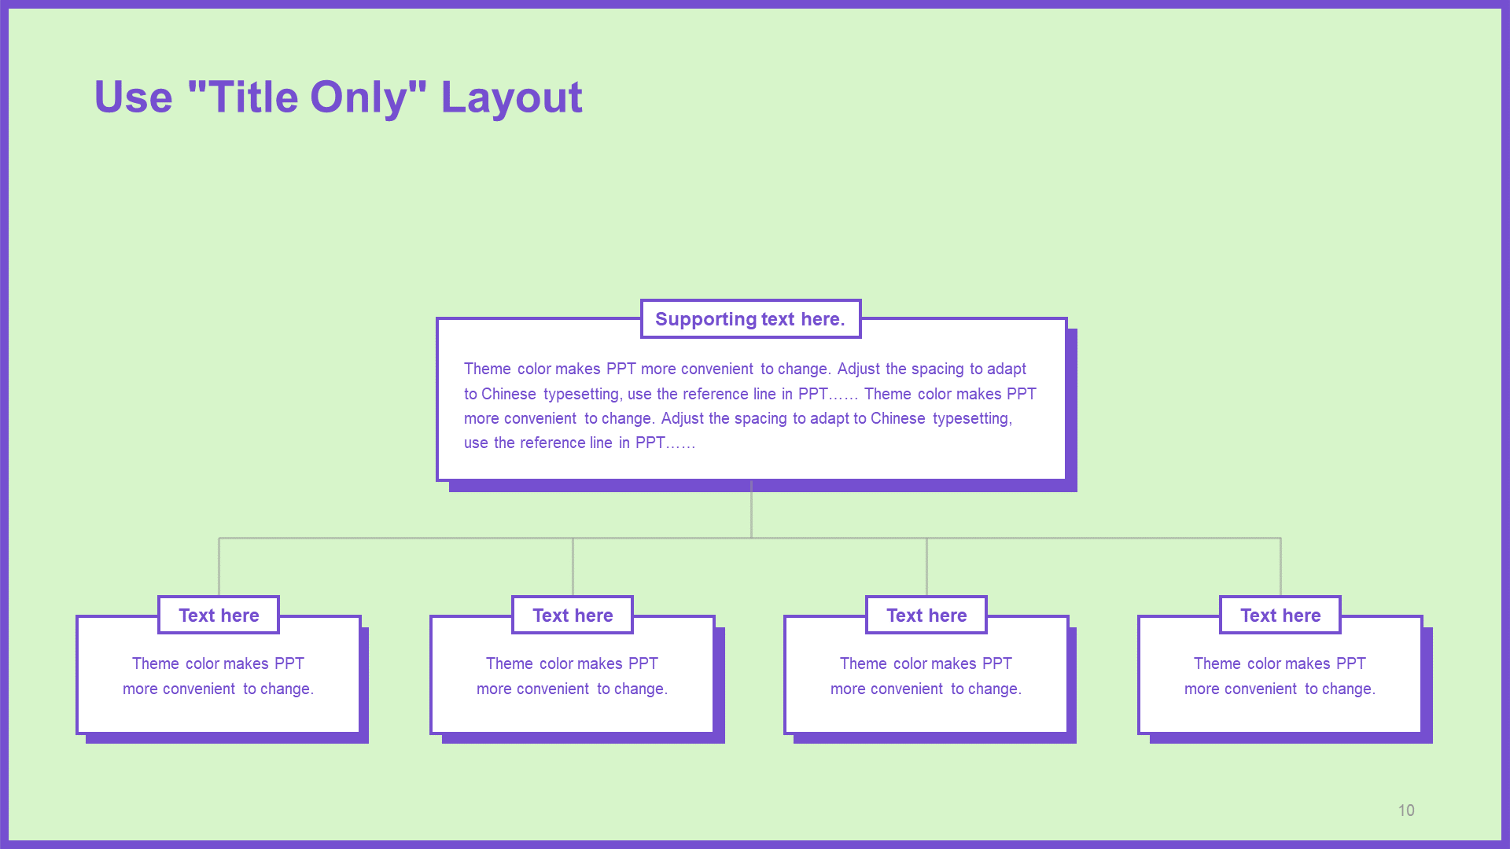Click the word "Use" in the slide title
click(133, 97)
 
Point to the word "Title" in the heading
click(252, 97)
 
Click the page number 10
click(1406, 810)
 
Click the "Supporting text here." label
click(750, 319)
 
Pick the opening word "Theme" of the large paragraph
click(488, 369)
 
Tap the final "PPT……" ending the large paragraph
click(665, 443)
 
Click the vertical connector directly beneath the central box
click(751, 509)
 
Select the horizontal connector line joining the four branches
click(749, 538)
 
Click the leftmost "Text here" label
click(219, 616)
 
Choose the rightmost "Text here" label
click(1280, 616)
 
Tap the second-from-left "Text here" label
click(573, 616)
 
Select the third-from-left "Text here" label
click(926, 616)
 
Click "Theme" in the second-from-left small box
click(510, 663)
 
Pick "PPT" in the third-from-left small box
click(997, 663)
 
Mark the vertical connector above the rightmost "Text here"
click(1280, 567)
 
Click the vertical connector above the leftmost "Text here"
click(219, 567)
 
